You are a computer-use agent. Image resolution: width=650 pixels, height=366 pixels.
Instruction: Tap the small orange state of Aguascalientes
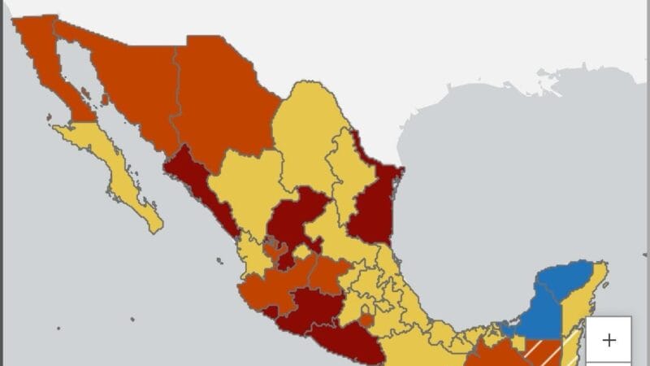tap(276, 251)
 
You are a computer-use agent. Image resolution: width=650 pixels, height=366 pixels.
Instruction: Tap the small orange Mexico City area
tap(366, 320)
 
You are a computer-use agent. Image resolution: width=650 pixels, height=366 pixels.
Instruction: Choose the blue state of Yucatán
tap(569, 285)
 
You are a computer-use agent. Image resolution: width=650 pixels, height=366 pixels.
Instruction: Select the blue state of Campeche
tap(532, 321)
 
